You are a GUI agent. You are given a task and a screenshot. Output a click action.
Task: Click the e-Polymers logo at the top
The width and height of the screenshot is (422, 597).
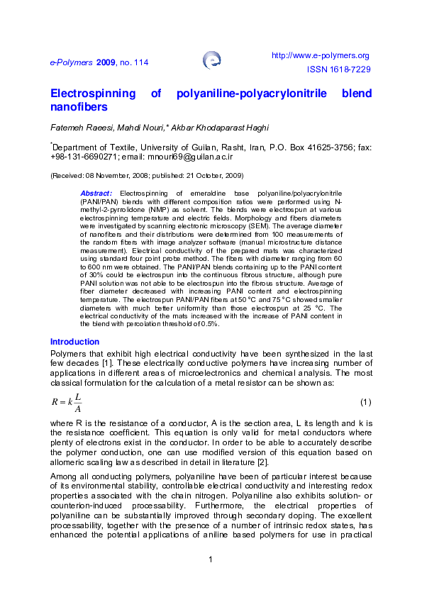211,60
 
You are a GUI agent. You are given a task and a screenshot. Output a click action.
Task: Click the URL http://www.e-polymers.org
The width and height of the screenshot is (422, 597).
321,55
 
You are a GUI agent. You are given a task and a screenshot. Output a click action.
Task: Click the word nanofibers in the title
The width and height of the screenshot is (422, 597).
79,107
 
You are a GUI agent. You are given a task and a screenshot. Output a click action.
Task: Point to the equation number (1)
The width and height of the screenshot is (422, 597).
365,403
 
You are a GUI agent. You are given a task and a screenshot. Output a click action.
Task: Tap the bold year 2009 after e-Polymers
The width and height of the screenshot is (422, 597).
106,62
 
